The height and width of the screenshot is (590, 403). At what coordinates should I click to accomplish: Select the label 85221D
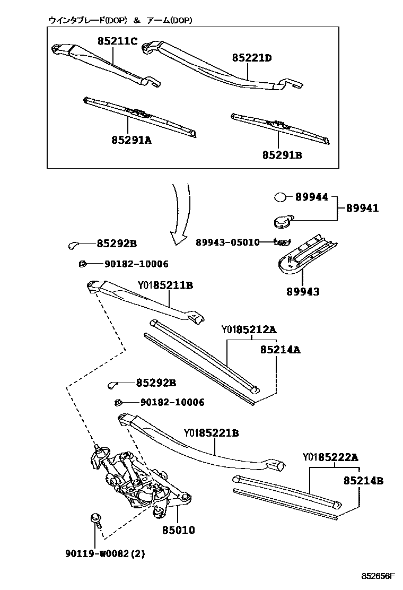(251, 57)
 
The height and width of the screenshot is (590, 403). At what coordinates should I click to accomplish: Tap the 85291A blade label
(132, 140)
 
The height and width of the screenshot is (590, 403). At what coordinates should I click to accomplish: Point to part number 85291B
(282, 155)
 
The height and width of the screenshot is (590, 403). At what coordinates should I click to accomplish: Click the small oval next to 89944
(280, 197)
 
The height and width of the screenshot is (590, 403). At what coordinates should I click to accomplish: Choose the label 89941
(363, 209)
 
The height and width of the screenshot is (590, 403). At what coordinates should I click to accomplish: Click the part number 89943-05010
(227, 242)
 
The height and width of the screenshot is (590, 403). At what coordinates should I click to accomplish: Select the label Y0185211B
(165, 285)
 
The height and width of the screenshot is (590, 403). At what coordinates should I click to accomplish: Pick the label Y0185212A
(249, 329)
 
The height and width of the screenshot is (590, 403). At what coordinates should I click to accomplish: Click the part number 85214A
(280, 350)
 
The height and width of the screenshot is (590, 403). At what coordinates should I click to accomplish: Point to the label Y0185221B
(211, 433)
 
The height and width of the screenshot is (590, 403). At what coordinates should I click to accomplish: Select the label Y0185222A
(330, 457)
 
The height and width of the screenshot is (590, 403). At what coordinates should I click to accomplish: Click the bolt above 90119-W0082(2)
(96, 518)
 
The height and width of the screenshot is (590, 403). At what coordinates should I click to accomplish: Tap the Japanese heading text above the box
(120, 20)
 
